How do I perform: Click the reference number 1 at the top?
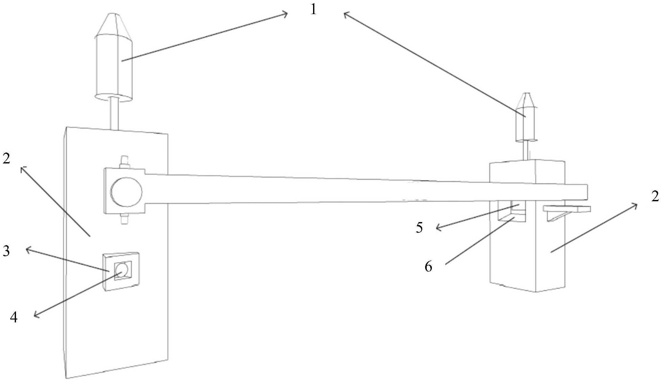pyautogui.click(x=313, y=10)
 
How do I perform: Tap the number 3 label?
pyautogui.click(x=6, y=251)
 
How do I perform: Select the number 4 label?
pyautogui.click(x=13, y=317)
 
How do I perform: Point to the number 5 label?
pyautogui.click(x=419, y=228)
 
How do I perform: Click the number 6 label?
pyautogui.click(x=428, y=266)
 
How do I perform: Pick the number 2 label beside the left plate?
pyautogui.click(x=6, y=158)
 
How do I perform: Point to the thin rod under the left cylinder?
pyautogui.click(x=114, y=113)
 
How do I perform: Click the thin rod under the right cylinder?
pyautogui.click(x=526, y=150)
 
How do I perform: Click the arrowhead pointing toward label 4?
pyautogui.click(x=36, y=316)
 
